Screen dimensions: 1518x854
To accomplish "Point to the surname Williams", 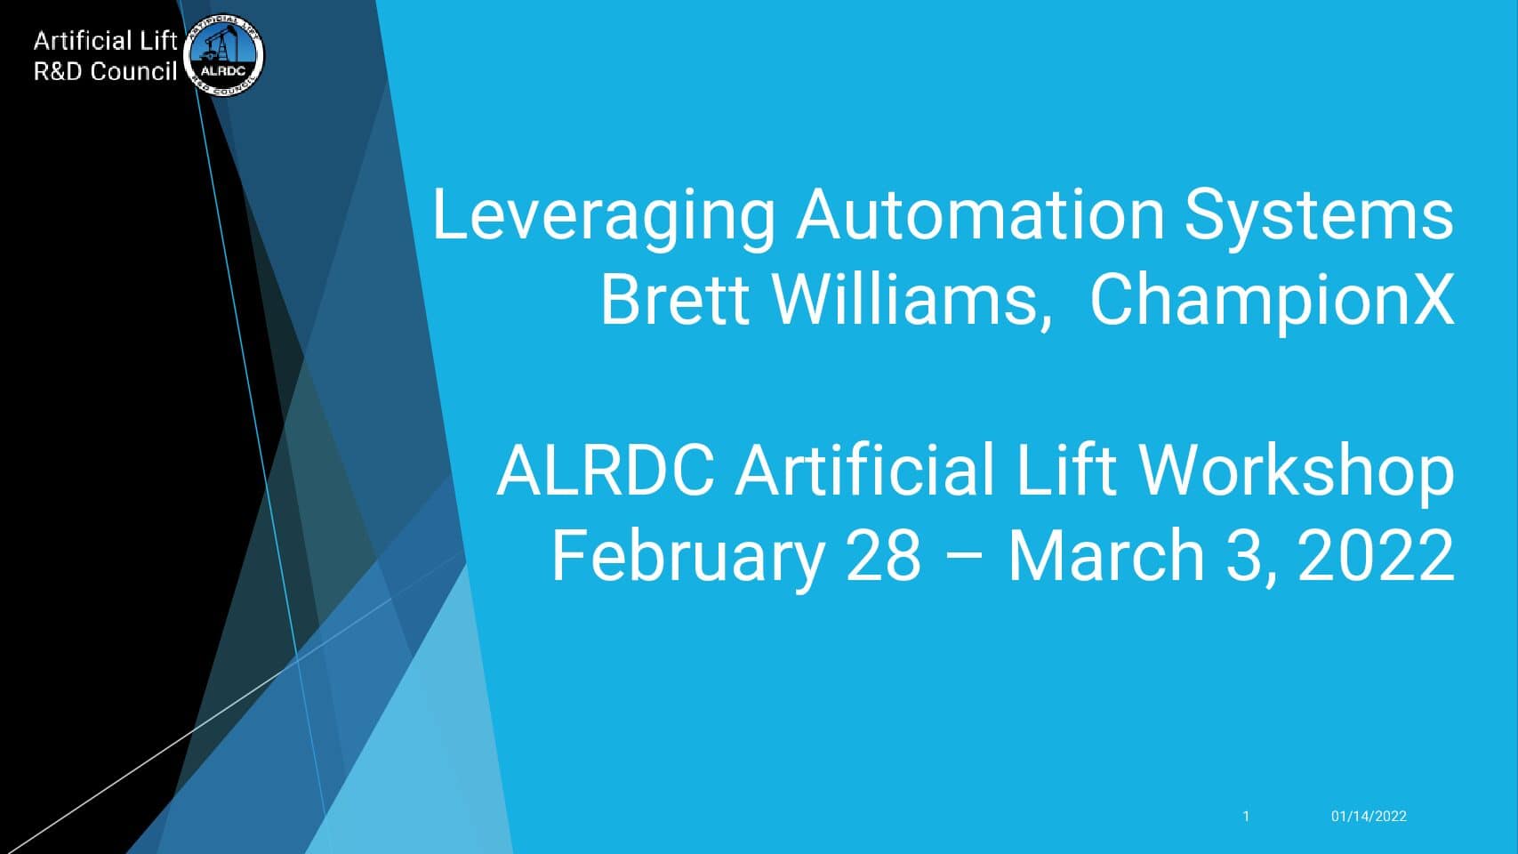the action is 912,301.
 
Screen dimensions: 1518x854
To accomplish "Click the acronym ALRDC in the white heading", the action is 606,471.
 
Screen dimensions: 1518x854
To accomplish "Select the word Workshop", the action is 1296,474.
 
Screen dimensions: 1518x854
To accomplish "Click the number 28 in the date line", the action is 884,556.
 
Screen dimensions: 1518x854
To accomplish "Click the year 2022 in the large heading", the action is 1376,556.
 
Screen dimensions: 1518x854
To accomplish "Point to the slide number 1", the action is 1246,817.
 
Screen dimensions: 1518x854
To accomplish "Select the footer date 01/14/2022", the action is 1369,817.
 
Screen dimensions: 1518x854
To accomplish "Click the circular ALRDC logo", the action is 223,55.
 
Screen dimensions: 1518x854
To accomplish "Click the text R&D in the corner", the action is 59,71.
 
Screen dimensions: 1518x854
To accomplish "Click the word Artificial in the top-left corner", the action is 82,41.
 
